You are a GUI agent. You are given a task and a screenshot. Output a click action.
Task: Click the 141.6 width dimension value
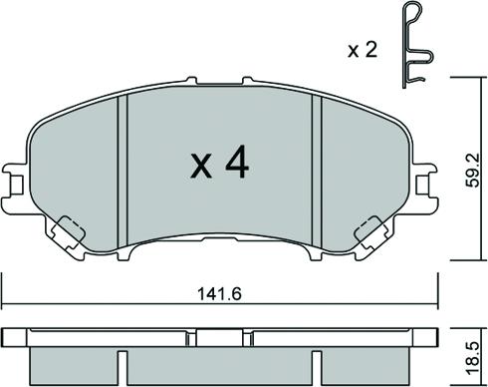tap(219, 294)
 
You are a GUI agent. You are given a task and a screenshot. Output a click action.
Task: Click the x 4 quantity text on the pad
tap(219, 163)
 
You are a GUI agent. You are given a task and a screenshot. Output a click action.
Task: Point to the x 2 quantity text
tap(363, 51)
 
